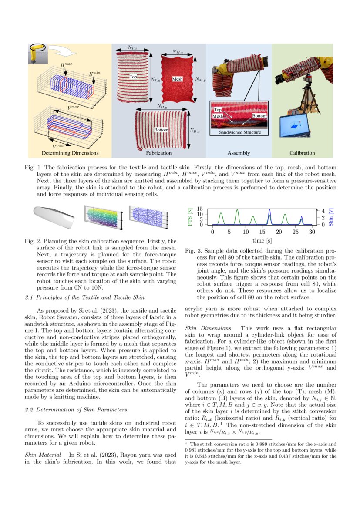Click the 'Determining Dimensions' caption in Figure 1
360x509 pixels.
click(70, 153)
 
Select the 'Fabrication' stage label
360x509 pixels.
click(158, 153)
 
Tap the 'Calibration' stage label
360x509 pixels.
click(302, 153)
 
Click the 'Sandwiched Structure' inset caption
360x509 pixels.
click(240, 132)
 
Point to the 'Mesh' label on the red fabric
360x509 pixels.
click(177, 79)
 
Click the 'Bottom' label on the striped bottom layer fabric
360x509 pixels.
click(161, 130)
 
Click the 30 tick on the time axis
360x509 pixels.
click(311, 232)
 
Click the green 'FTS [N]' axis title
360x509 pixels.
click(189, 216)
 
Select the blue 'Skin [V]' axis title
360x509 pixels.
click(332, 216)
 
